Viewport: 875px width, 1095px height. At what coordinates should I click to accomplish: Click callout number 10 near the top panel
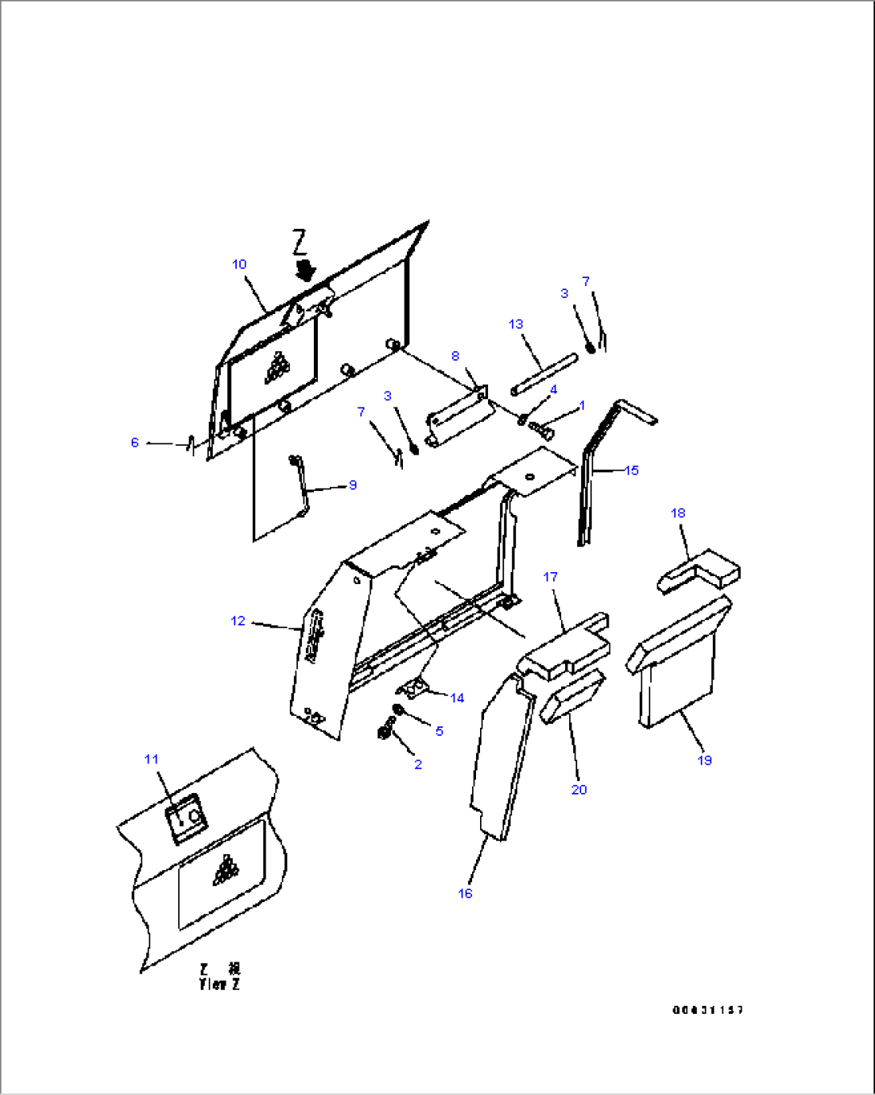(239, 264)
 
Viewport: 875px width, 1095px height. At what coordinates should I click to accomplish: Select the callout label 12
(238, 621)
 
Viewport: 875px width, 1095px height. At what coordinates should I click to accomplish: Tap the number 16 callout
(466, 893)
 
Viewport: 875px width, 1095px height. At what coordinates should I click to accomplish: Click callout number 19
(705, 760)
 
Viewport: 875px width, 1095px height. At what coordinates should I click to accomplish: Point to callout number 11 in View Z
(152, 759)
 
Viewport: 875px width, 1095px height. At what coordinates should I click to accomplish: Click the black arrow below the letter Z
(304, 268)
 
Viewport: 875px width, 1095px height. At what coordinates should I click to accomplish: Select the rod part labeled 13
(543, 374)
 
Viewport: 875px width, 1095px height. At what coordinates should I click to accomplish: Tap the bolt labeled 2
(384, 733)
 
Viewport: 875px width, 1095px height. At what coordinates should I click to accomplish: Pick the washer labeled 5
(397, 709)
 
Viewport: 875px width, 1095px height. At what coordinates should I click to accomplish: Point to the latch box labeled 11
(186, 817)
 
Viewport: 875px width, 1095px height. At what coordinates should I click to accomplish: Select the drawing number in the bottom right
(707, 1010)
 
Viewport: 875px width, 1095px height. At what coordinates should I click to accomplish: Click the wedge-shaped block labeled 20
(572, 697)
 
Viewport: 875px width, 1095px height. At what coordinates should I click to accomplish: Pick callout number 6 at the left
(135, 443)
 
